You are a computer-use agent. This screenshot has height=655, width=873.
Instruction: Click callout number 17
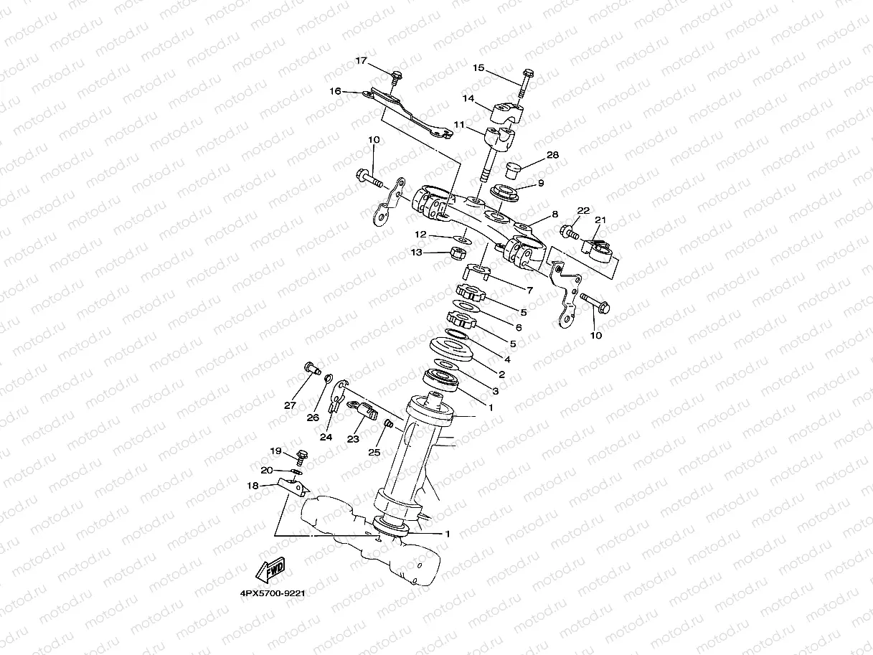(x=362, y=61)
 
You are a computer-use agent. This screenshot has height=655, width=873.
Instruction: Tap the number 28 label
(x=552, y=155)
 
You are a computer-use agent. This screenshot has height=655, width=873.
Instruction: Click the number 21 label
(x=600, y=220)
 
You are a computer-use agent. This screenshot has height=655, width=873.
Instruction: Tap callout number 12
(x=420, y=235)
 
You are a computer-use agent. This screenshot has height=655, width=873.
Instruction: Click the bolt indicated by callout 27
(x=311, y=369)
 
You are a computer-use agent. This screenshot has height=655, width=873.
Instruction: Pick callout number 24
(x=326, y=436)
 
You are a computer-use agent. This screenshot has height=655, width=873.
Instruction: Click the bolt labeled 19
(x=302, y=456)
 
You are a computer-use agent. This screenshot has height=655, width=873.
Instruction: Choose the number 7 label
(x=529, y=291)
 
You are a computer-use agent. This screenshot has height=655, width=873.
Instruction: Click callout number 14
(x=468, y=98)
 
